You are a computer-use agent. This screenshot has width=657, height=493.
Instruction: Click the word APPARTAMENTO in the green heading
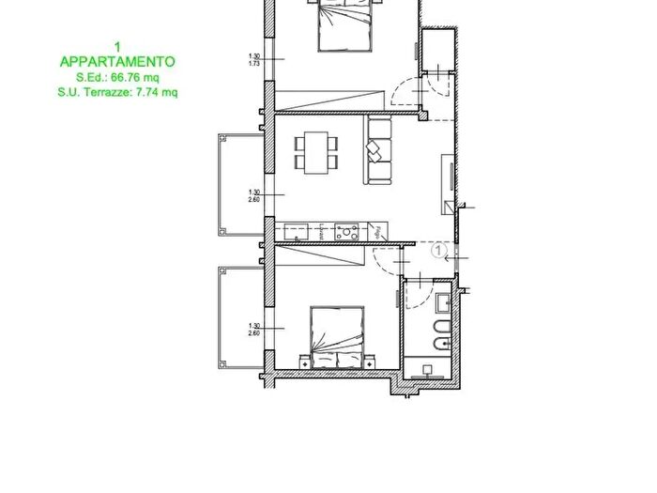tap(116, 61)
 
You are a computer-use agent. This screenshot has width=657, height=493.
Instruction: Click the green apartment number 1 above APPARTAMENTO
tap(116, 45)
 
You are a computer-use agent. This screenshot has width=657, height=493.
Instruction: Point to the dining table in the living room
tap(315, 151)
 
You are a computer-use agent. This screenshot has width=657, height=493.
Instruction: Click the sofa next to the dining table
tap(378, 150)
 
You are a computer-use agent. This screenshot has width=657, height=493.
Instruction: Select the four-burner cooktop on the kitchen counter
tap(346, 228)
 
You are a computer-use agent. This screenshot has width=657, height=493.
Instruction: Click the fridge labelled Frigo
tap(378, 229)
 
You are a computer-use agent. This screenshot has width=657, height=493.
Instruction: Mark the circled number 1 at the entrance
tap(437, 250)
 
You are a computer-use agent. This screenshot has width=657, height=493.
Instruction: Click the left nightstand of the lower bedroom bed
tap(304, 361)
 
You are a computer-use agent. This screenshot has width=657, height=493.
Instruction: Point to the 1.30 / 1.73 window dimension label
tap(252, 59)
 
